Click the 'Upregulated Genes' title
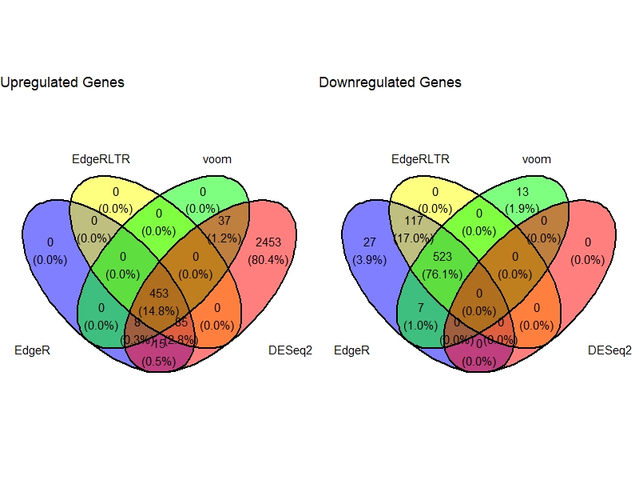pyautogui.click(x=62, y=82)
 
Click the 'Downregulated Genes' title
pyautogui.click(x=390, y=82)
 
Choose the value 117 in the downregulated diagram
pyautogui.click(x=413, y=221)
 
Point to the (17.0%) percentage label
pyautogui.click(x=413, y=237)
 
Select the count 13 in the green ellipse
pyautogui.click(x=522, y=192)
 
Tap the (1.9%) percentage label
pyautogui.click(x=522, y=208)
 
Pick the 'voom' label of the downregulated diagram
pyautogui.click(x=537, y=159)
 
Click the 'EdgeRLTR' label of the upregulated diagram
pyautogui.click(x=101, y=159)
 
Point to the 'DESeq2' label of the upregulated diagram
pyautogui.click(x=290, y=350)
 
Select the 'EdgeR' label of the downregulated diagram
pyautogui.click(x=351, y=350)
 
